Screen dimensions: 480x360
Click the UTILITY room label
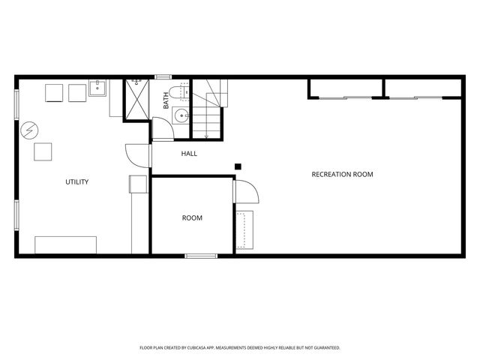pyautogui.click(x=77, y=181)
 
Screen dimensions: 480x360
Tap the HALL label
pyautogui.click(x=189, y=154)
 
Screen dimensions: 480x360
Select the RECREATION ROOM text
pyautogui.click(x=342, y=175)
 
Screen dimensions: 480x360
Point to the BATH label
pyautogui.click(x=166, y=100)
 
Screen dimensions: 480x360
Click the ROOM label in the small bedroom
pyautogui.click(x=192, y=218)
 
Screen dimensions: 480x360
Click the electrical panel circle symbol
pyautogui.click(x=29, y=130)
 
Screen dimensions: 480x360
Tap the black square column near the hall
pyautogui.click(x=238, y=166)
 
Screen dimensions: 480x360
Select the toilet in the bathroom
pyautogui.click(x=179, y=92)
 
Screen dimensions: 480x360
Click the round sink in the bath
pyautogui.click(x=181, y=115)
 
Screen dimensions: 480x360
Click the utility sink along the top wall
pyautogui.click(x=97, y=88)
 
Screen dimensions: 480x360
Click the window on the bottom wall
pyautogui.click(x=201, y=256)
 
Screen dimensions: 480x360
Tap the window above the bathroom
pyautogui.click(x=163, y=76)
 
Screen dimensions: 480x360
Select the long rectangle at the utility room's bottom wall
pyautogui.click(x=65, y=245)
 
